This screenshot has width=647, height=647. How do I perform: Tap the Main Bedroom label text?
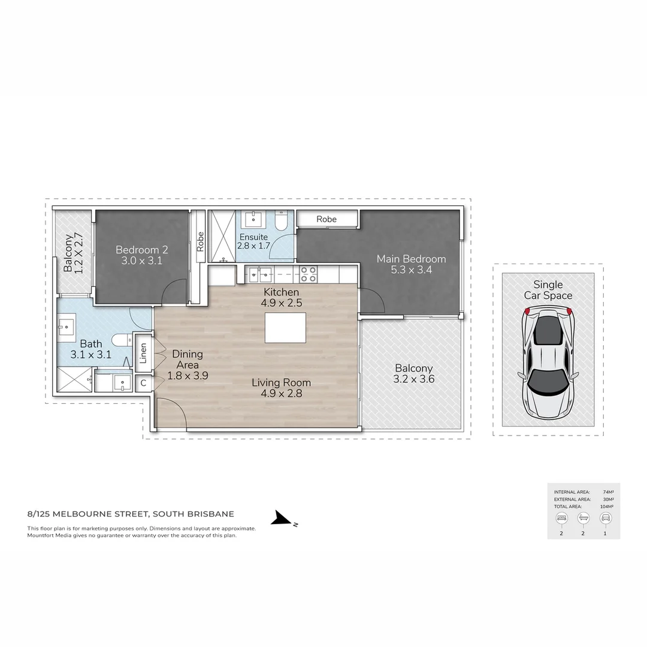tap(411, 259)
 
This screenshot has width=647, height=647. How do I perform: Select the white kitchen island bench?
tap(285, 327)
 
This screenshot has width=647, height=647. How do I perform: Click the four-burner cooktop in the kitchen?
tap(309, 274)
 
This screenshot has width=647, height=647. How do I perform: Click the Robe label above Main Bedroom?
tap(326, 219)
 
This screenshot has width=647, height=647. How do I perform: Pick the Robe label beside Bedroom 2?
tap(200, 240)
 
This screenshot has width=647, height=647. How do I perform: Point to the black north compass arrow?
tap(280, 519)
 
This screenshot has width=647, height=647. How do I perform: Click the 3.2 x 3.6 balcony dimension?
tap(413, 379)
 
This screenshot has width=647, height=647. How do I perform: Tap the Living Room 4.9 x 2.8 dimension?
tap(281, 394)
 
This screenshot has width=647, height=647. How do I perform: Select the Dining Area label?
tap(187, 359)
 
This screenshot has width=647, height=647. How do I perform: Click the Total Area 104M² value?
tap(607, 506)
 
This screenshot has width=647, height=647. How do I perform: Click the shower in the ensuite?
tap(222, 235)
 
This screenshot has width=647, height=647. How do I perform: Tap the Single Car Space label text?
tap(548, 290)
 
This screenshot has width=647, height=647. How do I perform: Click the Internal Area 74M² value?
tap(608, 491)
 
